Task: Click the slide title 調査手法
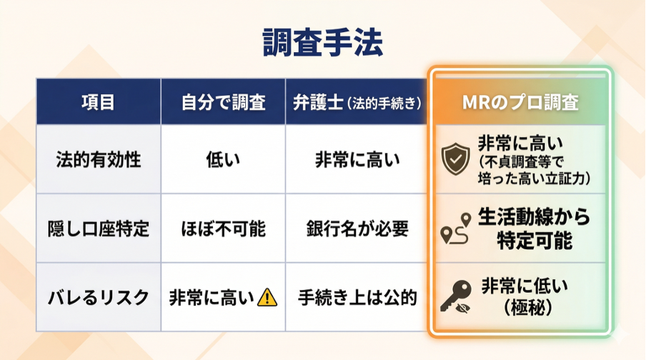click(322, 44)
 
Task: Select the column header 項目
click(98, 101)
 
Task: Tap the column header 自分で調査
click(223, 101)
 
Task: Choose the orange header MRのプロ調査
click(520, 101)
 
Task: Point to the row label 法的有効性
click(98, 159)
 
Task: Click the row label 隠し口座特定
click(98, 229)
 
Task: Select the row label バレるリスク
click(98, 297)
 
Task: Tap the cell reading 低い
click(223, 159)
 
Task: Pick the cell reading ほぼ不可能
click(223, 229)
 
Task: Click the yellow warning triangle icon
click(267, 296)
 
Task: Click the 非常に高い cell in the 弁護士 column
click(357, 159)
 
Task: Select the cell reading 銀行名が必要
click(357, 229)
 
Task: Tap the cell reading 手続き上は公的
click(357, 297)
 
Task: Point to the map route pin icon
click(457, 228)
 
